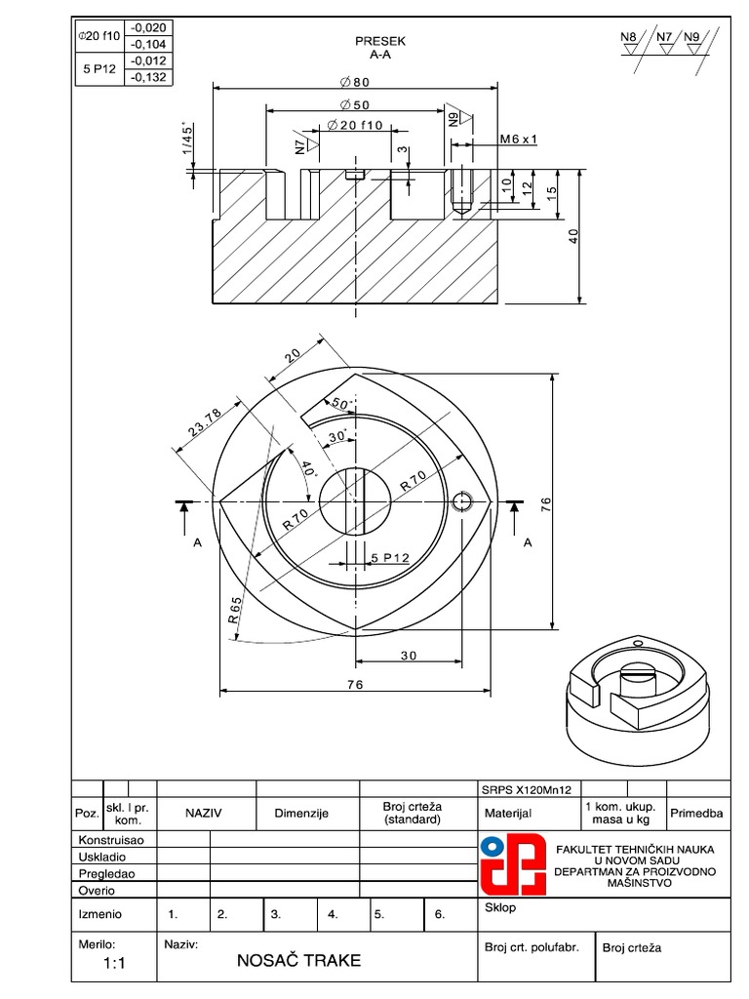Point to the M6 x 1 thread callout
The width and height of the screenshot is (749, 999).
click(519, 140)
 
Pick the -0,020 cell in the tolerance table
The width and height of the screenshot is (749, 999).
click(146, 27)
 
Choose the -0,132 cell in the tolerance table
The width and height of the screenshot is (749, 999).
click(146, 77)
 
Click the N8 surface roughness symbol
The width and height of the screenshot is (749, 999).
click(629, 40)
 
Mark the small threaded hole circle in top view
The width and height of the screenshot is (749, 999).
click(464, 501)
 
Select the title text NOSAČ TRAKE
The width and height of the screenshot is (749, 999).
click(298, 961)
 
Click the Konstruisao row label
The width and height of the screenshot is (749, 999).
click(110, 839)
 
